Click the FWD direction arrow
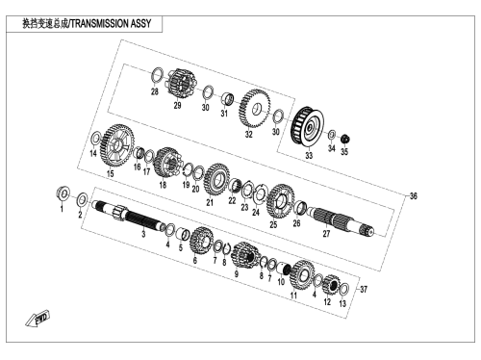38,319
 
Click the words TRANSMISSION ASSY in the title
111,24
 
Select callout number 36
414,196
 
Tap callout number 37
364,290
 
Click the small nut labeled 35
345,140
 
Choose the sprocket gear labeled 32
254,108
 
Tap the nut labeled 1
63,193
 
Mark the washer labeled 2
82,200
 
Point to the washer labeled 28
157,76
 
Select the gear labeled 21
216,179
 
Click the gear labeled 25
280,201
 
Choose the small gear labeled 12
331,284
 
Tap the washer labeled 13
343,291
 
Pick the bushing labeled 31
228,98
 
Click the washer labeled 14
95,139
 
